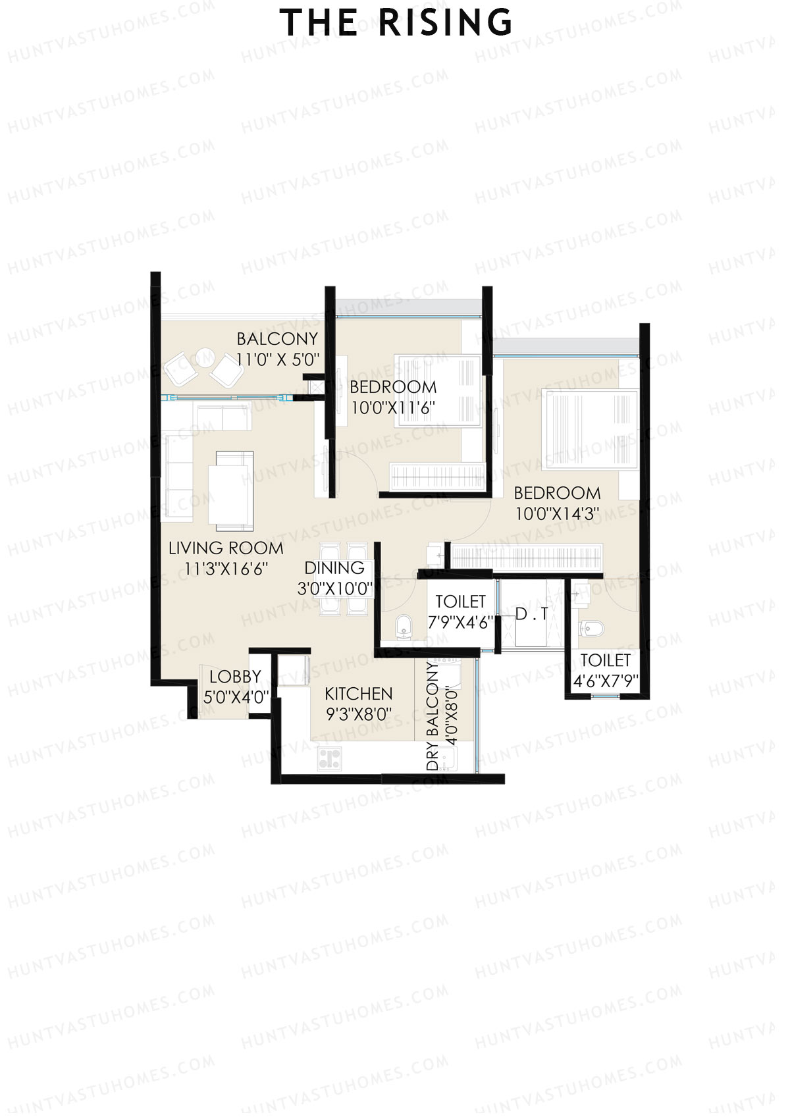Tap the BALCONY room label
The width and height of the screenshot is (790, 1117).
click(277, 339)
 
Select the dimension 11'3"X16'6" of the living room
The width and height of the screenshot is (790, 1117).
click(226, 569)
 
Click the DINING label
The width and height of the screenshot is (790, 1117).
click(334, 568)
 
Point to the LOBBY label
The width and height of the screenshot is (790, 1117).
click(235, 677)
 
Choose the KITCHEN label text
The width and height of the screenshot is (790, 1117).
click(359, 694)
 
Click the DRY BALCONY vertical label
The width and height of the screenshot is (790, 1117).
click(433, 716)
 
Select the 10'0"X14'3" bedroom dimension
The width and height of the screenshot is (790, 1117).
click(557, 514)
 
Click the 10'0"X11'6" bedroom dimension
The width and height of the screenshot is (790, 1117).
click(392, 408)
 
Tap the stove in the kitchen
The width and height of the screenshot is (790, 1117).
click(329, 759)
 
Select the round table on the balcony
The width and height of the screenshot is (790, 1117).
click(204, 358)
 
